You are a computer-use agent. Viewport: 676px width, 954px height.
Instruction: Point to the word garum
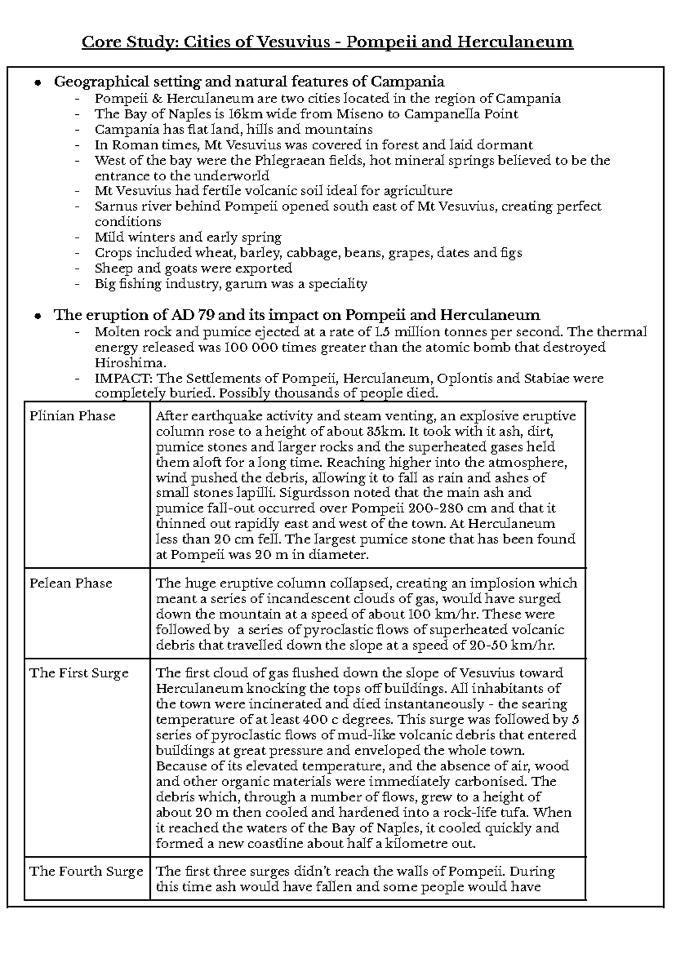pos(246,284)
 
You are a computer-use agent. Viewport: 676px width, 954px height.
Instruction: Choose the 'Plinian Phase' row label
pos(72,416)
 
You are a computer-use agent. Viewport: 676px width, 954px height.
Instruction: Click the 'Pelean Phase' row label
pos(70,583)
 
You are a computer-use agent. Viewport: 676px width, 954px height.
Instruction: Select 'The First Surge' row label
pos(79,674)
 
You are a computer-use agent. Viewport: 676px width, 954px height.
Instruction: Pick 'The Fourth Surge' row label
pos(86,872)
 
